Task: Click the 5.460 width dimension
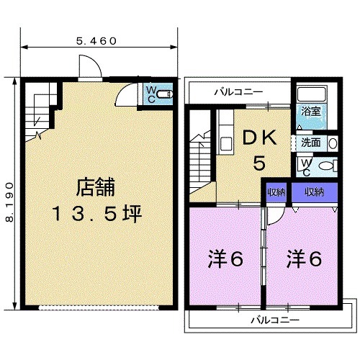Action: point(96,41)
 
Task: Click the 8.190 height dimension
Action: point(9,202)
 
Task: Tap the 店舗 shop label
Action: point(96,187)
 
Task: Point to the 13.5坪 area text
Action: point(97,214)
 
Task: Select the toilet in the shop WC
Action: point(165,94)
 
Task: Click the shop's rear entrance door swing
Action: point(90,66)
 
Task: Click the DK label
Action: point(259,138)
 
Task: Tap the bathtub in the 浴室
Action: point(311,94)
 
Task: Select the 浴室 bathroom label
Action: point(310,112)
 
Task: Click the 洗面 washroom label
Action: point(310,143)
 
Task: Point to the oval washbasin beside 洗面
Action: point(333,143)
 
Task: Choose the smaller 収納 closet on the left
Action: point(276,192)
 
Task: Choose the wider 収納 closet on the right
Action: point(315,192)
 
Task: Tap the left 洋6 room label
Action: point(225,259)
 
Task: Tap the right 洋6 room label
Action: point(304,259)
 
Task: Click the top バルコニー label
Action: point(238,92)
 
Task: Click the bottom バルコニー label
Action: point(275,320)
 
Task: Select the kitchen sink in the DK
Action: point(226,144)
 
